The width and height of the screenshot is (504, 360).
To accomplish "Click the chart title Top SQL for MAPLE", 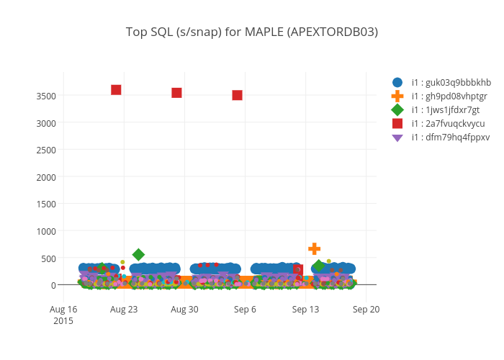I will coord(251,32).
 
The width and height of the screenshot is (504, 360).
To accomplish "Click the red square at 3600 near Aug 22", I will coord(116,90).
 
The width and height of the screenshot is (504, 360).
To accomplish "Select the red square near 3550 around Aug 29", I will coord(176,93).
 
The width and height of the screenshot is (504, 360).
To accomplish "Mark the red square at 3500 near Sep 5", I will coord(237,95).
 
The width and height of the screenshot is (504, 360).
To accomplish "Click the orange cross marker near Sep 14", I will coord(314,248).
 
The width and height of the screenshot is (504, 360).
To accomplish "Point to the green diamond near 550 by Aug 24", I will coord(138,255).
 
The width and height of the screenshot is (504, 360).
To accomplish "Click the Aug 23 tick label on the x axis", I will coord(124,310).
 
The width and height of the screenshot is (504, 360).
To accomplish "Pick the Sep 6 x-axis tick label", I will coord(245,310).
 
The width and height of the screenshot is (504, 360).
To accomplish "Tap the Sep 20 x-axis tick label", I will coord(366,310).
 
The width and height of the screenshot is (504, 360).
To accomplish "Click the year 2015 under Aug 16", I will coord(63,320).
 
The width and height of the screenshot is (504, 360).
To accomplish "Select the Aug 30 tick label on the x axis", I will coord(184,310).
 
